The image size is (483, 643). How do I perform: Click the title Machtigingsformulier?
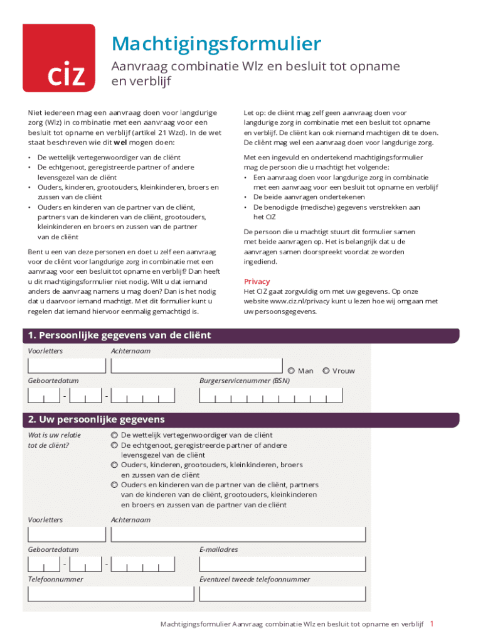click(x=216, y=44)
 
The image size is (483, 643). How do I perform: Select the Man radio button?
click(x=292, y=370)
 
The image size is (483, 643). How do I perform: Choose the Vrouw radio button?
click(x=326, y=370)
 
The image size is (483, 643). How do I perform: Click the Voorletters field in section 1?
click(x=66, y=365)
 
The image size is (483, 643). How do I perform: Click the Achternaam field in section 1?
click(x=197, y=365)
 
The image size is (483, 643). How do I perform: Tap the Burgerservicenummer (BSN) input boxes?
click(x=270, y=395)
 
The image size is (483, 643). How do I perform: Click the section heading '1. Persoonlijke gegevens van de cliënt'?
click(x=119, y=335)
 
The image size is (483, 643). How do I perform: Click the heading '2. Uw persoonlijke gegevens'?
click(x=95, y=419)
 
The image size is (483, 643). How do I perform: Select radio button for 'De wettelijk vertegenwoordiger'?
click(x=114, y=435)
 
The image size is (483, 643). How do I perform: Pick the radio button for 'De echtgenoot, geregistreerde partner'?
click(x=114, y=445)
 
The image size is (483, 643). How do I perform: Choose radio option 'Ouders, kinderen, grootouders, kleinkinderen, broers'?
click(x=114, y=465)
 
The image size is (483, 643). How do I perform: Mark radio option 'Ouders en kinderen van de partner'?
click(x=114, y=485)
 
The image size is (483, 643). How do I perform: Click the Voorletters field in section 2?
click(x=66, y=534)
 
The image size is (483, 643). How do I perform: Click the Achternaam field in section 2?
click(x=238, y=534)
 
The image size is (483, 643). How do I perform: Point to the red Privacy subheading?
click(x=257, y=281)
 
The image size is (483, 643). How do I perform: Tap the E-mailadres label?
click(x=218, y=549)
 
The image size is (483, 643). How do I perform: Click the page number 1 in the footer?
click(x=432, y=624)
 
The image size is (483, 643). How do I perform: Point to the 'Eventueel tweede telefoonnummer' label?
click(x=254, y=579)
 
